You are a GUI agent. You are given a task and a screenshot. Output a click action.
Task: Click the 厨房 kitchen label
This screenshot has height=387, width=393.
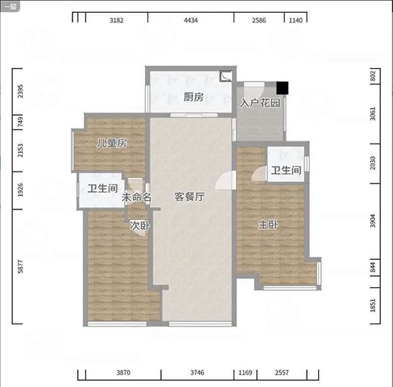tap(193, 97)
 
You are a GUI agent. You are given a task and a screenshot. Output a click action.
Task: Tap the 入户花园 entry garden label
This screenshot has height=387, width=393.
tap(260, 103)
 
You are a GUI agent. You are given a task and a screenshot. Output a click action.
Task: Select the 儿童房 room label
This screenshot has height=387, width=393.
tap(112, 143)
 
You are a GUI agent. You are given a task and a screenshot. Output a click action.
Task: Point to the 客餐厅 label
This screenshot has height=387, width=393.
tap(190, 197)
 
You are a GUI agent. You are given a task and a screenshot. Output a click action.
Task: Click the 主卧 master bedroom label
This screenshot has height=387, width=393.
tap(268, 224)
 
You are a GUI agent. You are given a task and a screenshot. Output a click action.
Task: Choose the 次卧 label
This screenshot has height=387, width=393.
tap(140, 225)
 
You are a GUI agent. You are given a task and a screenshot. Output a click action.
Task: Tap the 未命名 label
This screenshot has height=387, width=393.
tap(136, 197)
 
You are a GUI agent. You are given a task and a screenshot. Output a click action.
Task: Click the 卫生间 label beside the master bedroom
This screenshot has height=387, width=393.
tap(286, 170)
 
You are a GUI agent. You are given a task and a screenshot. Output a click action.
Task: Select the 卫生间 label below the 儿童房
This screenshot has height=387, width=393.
tap(103, 188)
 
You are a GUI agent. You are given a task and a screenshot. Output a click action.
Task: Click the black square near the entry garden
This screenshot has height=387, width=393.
tap(282, 88)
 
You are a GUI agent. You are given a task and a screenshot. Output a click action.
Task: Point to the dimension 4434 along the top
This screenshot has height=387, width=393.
tap(190, 20)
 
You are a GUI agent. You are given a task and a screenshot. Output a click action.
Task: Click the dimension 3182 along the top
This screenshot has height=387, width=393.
tap(116, 20)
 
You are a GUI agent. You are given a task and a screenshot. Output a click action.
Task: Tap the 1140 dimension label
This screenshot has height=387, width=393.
tap(296, 20)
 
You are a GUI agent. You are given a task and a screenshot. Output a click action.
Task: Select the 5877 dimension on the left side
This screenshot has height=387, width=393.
tap(20, 266)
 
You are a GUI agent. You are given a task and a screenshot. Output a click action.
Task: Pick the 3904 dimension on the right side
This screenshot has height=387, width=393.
tap(373, 221)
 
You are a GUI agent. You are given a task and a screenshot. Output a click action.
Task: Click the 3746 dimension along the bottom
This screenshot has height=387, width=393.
tap(197, 373)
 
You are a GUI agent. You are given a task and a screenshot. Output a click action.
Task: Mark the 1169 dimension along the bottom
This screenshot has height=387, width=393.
tap(245, 373)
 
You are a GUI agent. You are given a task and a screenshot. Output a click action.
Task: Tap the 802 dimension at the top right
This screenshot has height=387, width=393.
tap(373, 76)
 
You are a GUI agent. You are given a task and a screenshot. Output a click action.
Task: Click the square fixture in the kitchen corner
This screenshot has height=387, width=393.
tap(225, 76)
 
